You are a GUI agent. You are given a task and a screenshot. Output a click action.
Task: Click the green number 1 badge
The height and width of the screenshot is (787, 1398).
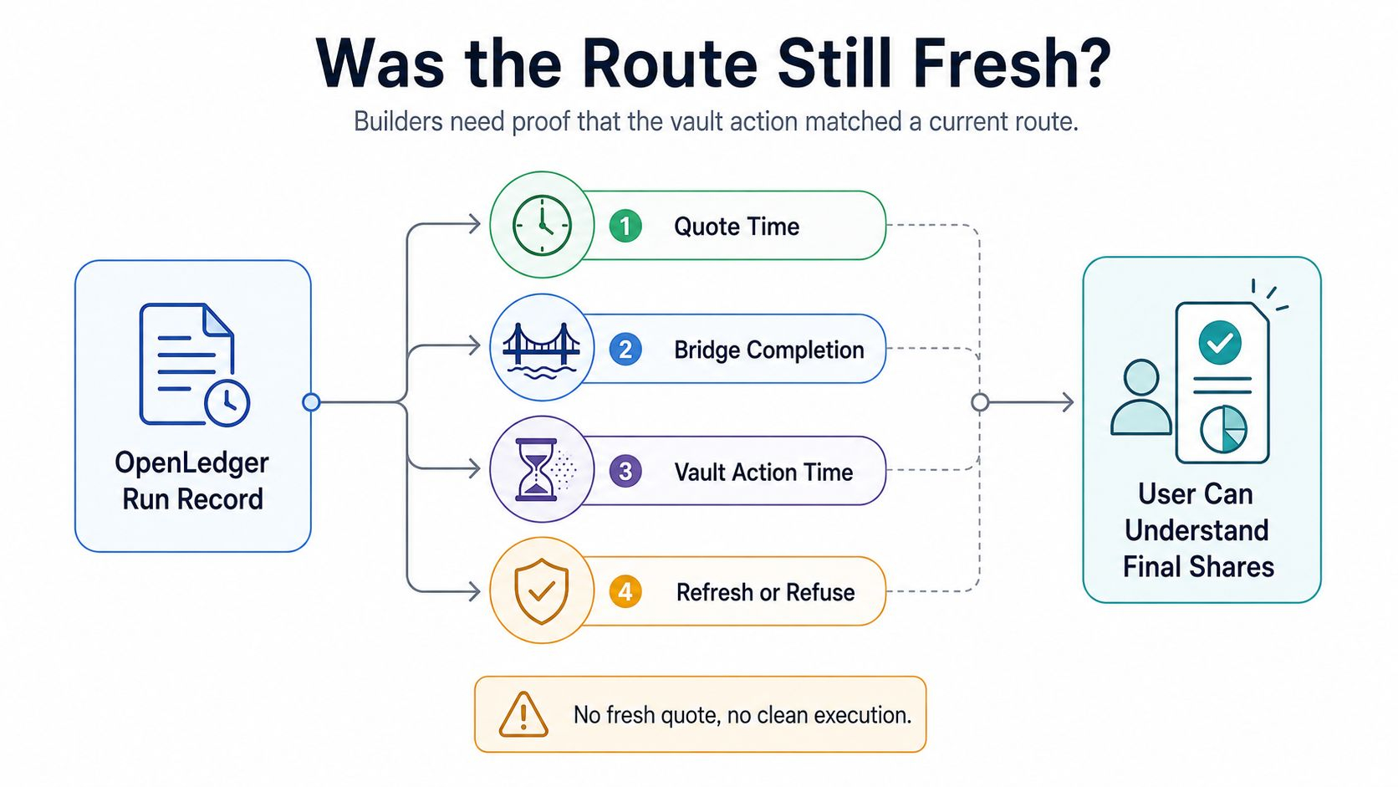(625, 226)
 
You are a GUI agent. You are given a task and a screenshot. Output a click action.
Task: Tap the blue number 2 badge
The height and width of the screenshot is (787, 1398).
(625, 349)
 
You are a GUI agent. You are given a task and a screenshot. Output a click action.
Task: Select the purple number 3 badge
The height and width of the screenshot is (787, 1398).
(625, 471)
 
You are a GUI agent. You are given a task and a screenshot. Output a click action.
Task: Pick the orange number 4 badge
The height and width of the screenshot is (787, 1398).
(625, 591)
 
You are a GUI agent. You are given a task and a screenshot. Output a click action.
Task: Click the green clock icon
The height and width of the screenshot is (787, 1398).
(542, 225)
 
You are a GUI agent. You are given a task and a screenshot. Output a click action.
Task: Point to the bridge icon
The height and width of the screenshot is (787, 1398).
(541, 350)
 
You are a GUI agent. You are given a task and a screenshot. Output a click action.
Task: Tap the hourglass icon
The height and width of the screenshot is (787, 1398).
(538, 469)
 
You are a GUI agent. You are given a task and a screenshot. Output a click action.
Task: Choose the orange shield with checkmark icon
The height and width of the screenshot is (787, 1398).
(541, 591)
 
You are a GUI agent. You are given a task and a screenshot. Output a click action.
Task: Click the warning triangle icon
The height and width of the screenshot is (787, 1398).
(523, 714)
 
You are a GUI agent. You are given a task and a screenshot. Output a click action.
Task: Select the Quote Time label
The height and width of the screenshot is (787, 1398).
(737, 227)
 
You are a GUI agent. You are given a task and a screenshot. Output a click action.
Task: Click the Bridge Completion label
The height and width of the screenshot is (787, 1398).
(769, 350)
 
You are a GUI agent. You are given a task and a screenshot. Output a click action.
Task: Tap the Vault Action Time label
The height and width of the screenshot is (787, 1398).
(763, 473)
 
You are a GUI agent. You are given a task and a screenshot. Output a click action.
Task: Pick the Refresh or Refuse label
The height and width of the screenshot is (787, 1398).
(765, 592)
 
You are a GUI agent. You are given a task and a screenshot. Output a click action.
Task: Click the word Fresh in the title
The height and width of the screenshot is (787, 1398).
(1012, 64)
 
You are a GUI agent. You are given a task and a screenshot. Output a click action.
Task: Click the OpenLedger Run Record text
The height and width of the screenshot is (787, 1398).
(192, 481)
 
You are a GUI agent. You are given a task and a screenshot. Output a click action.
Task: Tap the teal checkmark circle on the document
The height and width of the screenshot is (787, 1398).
(1220, 343)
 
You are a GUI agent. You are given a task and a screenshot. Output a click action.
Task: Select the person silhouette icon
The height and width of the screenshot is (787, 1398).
(1140, 397)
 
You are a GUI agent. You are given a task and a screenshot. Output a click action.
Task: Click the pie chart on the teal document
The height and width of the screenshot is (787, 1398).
(1224, 429)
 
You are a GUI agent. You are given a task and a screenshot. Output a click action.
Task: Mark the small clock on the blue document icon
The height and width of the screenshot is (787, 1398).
(227, 402)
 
